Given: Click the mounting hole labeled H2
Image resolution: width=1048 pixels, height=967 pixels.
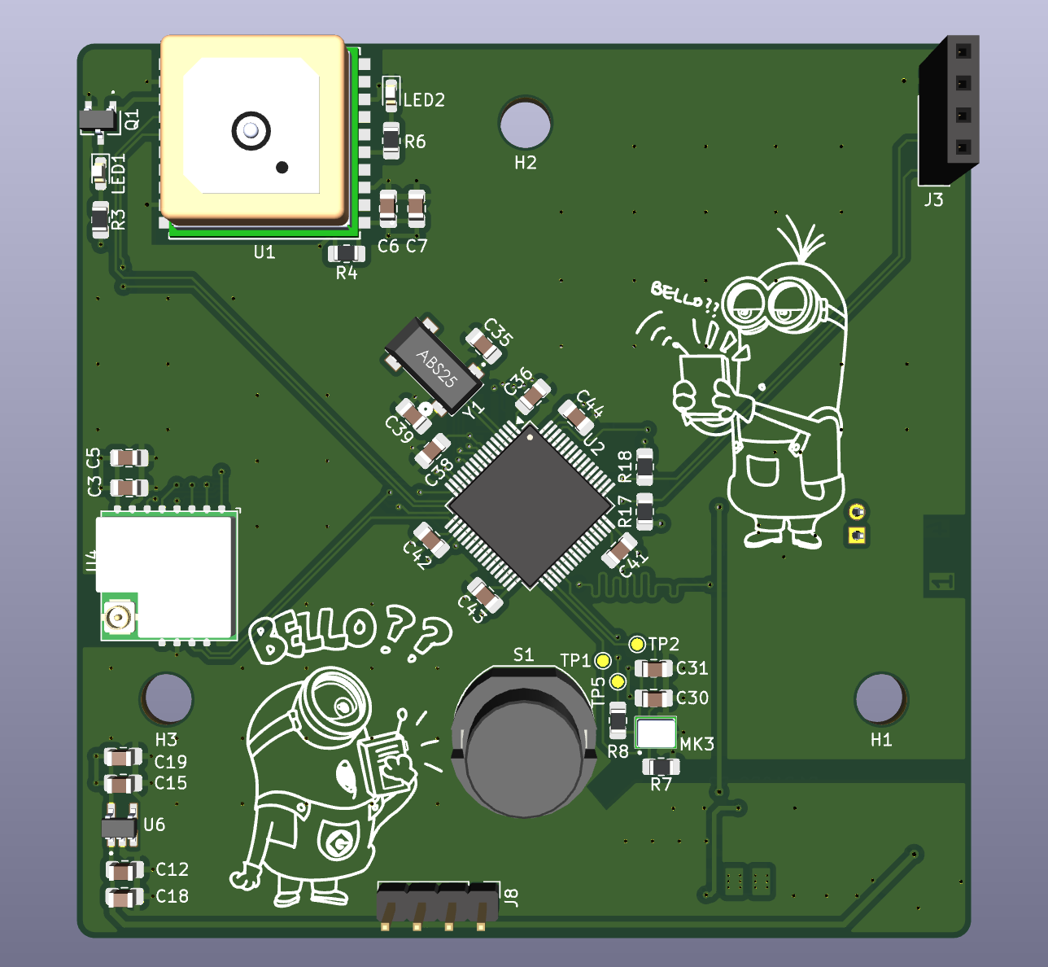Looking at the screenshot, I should click(525, 123).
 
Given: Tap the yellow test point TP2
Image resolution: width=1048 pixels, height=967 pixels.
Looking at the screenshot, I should click(637, 645).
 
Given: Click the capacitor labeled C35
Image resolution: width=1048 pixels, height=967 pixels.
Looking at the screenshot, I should click(483, 348).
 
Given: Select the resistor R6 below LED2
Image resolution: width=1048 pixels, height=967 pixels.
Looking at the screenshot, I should click(391, 142).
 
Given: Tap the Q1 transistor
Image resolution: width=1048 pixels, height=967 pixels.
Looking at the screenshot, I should click(98, 120).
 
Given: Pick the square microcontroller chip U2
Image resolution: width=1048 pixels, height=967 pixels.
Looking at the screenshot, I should click(530, 505).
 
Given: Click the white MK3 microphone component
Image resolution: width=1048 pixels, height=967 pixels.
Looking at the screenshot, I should click(656, 733).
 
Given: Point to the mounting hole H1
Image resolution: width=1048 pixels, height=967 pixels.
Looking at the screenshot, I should click(880, 698).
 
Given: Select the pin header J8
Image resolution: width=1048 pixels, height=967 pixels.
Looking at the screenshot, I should click(438, 903).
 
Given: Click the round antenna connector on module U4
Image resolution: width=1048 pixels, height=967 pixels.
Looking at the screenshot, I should click(119, 618).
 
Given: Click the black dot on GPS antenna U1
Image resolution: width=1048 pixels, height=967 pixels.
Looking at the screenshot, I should click(282, 168).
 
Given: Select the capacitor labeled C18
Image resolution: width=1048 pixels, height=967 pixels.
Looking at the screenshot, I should click(124, 898).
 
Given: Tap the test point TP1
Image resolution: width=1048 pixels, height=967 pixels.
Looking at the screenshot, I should click(603, 660).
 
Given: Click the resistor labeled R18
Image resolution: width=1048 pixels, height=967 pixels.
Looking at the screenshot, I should click(644, 468).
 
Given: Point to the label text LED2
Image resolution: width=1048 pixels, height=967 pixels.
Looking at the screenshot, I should click(425, 100).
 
